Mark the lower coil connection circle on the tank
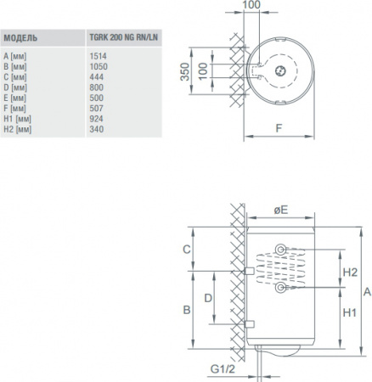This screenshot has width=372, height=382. [x=282, y=290]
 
